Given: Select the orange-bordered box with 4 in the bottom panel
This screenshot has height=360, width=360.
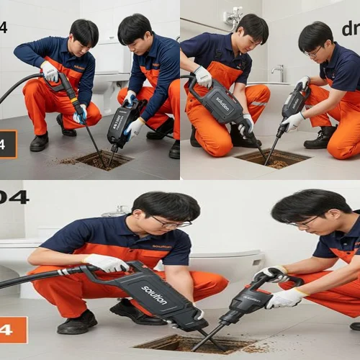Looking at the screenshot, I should (x=13, y=330).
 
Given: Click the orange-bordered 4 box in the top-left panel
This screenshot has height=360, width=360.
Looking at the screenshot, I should (x=7, y=144).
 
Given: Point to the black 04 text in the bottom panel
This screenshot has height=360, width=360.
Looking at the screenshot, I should (x=14, y=197).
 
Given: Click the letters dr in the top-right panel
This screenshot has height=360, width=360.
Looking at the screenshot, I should (x=350, y=29).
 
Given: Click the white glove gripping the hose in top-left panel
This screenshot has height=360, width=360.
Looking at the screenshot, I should (x=50, y=71).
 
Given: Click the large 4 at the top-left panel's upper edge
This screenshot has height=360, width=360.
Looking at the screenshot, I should (x=4, y=27).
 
